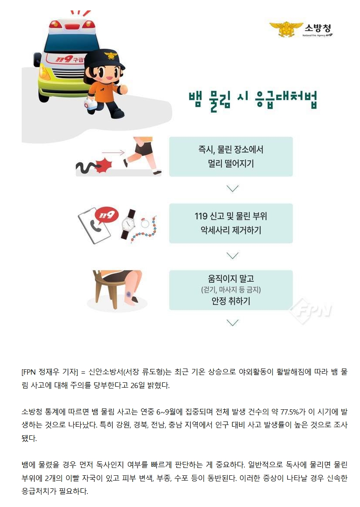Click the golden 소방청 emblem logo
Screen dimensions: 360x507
click(286, 29)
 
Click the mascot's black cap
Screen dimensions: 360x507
click(105, 59)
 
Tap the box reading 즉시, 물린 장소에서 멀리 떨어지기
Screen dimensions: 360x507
click(231, 157)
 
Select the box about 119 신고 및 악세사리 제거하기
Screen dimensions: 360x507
click(231, 223)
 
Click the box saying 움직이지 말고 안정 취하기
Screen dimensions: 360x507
click(231, 290)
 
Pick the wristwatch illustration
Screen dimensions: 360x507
click(128, 224)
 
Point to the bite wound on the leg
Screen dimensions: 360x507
click(129, 295)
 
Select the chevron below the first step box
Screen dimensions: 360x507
click(232, 188)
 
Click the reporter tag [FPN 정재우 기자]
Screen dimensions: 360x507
click(50, 372)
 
